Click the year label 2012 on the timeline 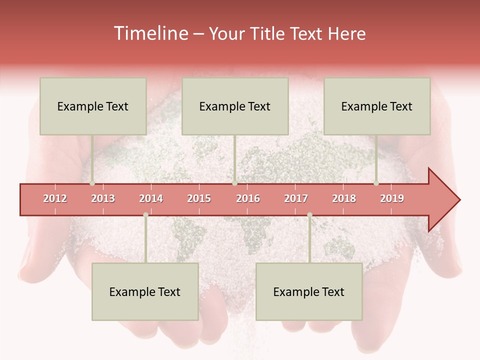coord(55,198)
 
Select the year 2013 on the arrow coord(103,198)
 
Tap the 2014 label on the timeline coord(151,198)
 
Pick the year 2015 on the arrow coord(199,198)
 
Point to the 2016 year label coord(248,198)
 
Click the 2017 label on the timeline coord(296,198)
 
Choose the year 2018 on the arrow coord(344,198)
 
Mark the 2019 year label coord(392,198)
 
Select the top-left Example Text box coord(93,106)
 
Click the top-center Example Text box coord(235,106)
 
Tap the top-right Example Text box coord(377,106)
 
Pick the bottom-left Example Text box coord(145,292)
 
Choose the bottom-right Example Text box coord(309,292)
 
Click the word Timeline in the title coord(150,33)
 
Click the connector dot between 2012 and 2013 coord(92,183)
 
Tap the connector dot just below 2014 coord(145,214)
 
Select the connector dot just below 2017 coord(309,214)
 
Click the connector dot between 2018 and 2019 coord(376,183)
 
